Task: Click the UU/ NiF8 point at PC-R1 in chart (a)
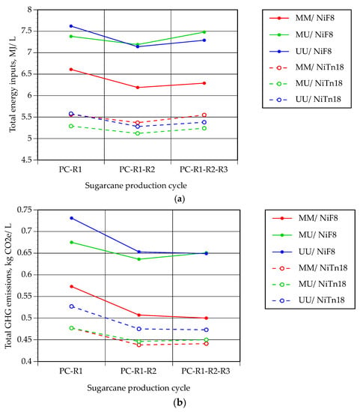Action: tap(71, 26)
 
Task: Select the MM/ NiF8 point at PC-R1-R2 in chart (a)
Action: tap(138, 87)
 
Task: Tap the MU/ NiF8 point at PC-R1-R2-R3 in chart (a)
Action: tap(204, 31)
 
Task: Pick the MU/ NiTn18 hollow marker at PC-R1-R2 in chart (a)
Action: tap(138, 133)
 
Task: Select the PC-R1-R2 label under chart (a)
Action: tap(137, 169)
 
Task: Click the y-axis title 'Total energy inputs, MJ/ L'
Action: tap(12, 84)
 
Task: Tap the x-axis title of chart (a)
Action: tap(135, 186)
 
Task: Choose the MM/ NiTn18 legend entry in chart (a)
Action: tap(306, 67)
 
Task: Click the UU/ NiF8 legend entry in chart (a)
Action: tap(300, 51)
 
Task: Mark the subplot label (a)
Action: tap(180, 199)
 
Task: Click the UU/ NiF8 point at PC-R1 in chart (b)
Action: tap(72, 218)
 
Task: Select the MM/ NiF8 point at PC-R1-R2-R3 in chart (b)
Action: tap(207, 318)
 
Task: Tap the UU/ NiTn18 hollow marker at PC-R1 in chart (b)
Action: tap(72, 306)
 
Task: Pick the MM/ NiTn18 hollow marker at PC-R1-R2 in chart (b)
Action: tap(139, 345)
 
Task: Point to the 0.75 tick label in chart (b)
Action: tap(24, 210)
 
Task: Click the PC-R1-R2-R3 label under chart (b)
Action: tap(206, 371)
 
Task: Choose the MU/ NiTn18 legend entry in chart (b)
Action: tap(309, 284)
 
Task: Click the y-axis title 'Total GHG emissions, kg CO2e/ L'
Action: tap(8, 285)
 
